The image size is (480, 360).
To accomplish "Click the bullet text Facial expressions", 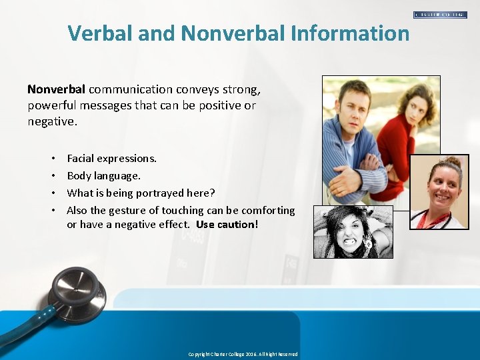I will pyautogui.click(x=111, y=158).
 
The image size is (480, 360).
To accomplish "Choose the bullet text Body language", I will pyautogui.click(x=103, y=175).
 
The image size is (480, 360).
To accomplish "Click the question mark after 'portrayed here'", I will pyautogui.click(x=212, y=193).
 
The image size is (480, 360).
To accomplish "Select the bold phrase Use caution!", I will pyautogui.click(x=227, y=224).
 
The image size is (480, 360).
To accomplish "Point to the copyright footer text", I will pyautogui.click(x=243, y=354).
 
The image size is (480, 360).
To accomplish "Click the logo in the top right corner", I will pyautogui.click(x=440, y=14).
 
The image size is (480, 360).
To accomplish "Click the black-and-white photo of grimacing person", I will pyautogui.click(x=353, y=231).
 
